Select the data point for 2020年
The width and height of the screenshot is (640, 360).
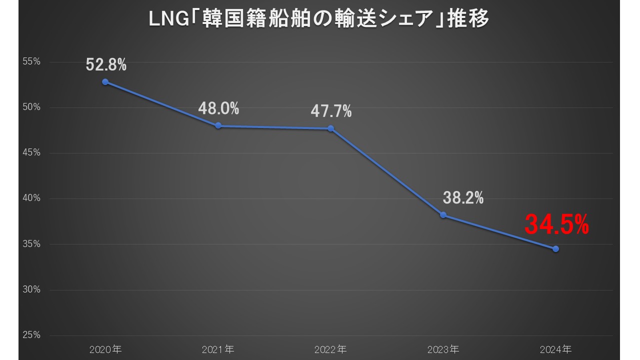105,82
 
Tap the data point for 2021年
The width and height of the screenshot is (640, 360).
218,126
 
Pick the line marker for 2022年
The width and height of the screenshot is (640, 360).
330,128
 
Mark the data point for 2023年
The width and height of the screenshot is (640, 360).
443,215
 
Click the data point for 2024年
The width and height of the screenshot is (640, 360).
555,248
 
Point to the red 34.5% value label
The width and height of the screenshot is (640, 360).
556,224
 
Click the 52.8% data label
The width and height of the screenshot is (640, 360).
106,64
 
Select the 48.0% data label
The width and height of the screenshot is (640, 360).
218,108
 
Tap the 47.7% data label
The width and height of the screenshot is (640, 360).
331,111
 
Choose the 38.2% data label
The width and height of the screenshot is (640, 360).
463,198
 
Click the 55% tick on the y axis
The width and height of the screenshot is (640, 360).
31,62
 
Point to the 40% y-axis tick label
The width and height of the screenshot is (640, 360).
31,198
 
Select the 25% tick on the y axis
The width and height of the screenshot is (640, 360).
31,335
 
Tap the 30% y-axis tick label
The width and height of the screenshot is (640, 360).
31,289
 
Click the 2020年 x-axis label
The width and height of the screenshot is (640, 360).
105,348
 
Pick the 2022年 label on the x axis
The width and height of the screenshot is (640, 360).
330,348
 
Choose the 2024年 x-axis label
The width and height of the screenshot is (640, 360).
555,348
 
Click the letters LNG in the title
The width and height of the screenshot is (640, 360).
167,20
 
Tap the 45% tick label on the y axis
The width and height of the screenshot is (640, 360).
31,153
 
